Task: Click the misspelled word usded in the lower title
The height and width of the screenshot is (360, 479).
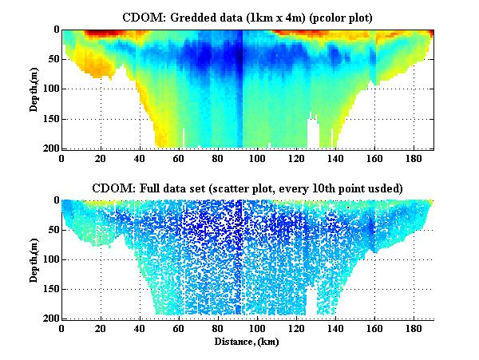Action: (x=382, y=188)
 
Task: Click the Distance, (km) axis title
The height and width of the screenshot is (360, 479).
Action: (x=247, y=341)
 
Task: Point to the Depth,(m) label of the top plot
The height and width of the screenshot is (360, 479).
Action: (x=35, y=89)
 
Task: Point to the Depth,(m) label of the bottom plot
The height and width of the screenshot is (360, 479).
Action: (x=35, y=259)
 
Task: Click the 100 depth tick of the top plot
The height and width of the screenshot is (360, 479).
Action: (x=49, y=89)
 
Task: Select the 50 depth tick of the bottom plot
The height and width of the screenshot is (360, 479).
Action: (x=52, y=231)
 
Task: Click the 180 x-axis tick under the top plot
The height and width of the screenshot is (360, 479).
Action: (x=414, y=159)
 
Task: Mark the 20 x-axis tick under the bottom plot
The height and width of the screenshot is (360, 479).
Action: (x=101, y=329)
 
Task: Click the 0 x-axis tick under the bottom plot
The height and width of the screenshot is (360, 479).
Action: (x=62, y=329)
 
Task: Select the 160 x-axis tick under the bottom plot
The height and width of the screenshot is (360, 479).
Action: (x=375, y=329)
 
